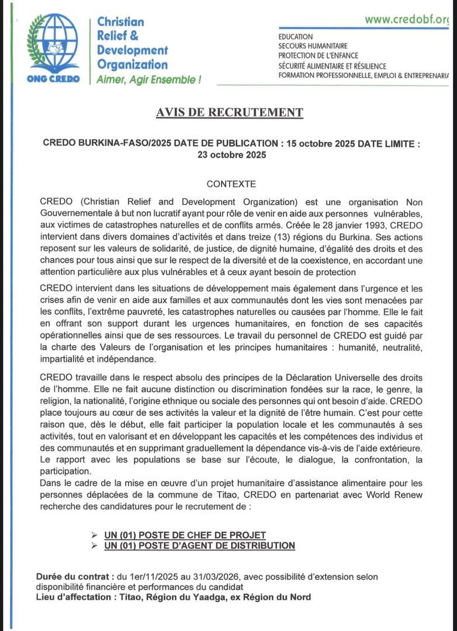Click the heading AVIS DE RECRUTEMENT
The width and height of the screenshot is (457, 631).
230,112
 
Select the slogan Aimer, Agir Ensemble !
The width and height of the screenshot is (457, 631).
148,79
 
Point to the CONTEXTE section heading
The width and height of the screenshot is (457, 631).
231,184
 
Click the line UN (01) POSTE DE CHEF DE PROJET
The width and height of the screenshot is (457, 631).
185,535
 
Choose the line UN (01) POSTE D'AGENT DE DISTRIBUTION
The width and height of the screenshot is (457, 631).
199,545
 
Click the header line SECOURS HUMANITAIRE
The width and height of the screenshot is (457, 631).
313,46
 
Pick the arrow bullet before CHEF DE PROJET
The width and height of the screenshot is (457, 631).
95,535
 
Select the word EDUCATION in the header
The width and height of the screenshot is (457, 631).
296,37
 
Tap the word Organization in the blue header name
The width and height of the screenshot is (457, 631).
132,64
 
